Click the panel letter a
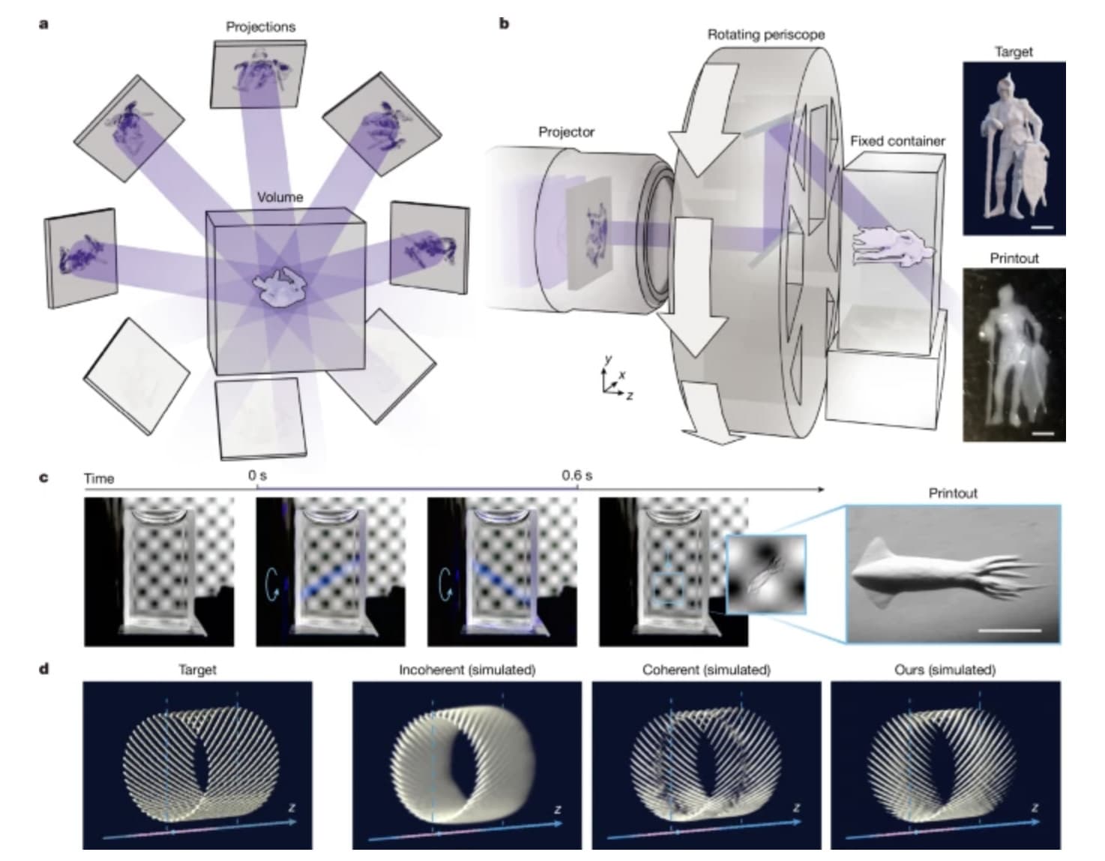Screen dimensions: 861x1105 click(x=44, y=24)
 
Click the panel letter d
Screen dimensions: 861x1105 click(x=44, y=667)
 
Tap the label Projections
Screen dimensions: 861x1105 click(x=260, y=27)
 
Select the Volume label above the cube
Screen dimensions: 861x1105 click(x=280, y=197)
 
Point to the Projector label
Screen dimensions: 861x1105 click(x=566, y=132)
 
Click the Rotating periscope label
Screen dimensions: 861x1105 click(x=765, y=34)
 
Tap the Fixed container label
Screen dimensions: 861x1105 click(x=897, y=141)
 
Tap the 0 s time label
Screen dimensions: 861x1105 click(x=257, y=475)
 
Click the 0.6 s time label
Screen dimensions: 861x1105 click(x=576, y=475)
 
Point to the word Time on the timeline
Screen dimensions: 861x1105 click(x=99, y=478)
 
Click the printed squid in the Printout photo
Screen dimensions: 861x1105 click(x=945, y=577)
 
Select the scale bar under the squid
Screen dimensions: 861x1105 click(x=1009, y=630)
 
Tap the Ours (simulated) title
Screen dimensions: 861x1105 click(x=945, y=670)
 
